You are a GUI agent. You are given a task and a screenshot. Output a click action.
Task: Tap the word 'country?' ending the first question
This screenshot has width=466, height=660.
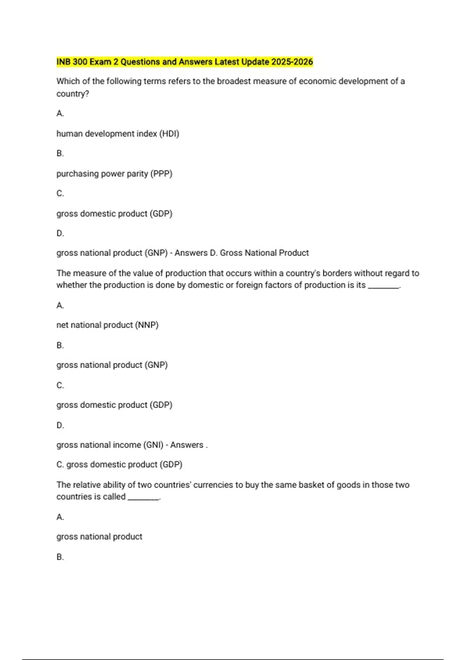(x=73, y=94)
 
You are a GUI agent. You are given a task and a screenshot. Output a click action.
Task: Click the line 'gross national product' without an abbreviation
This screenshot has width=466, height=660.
(x=99, y=537)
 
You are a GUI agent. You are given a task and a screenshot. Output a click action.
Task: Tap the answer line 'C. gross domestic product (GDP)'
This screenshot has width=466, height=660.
(x=119, y=464)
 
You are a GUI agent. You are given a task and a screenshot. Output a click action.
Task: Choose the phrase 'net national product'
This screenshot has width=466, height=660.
(x=95, y=325)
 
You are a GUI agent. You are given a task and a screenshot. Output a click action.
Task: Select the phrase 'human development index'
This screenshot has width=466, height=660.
(x=107, y=134)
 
